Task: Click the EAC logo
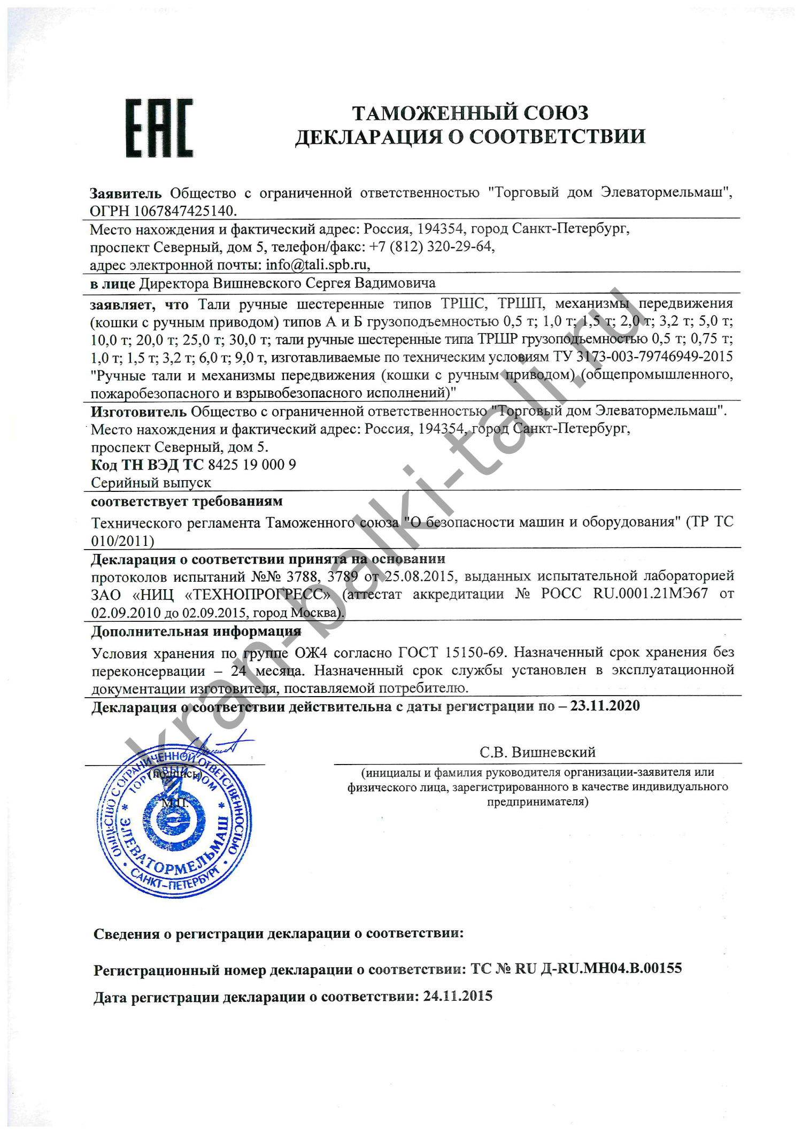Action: pyautogui.click(x=159, y=128)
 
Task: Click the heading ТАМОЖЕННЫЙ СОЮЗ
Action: pyautogui.click(x=470, y=113)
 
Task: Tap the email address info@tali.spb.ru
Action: pyautogui.click(x=317, y=265)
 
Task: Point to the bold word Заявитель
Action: pyautogui.click(x=125, y=193)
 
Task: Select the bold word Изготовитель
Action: pyautogui.click(x=138, y=412)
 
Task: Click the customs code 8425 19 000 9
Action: pyautogui.click(x=252, y=465)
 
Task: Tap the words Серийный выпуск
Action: pyautogui.click(x=151, y=483)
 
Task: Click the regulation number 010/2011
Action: pyautogui.click(x=122, y=541)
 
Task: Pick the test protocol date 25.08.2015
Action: pyautogui.click(x=420, y=576)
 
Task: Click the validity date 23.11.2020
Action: pyautogui.click(x=605, y=706)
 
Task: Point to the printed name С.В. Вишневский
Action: pyautogui.click(x=537, y=752)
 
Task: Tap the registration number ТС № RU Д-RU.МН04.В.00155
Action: pyautogui.click(x=576, y=968)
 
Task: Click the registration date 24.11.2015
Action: pyautogui.click(x=458, y=996)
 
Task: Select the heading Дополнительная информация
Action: pyautogui.click(x=196, y=631)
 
